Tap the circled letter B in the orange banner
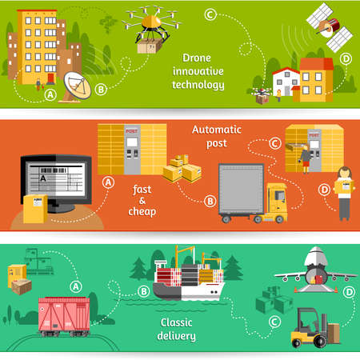tap(210, 200)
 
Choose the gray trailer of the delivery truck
tap(241, 189)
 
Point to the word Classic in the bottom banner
tap(177, 323)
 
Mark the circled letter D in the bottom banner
tap(348, 292)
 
